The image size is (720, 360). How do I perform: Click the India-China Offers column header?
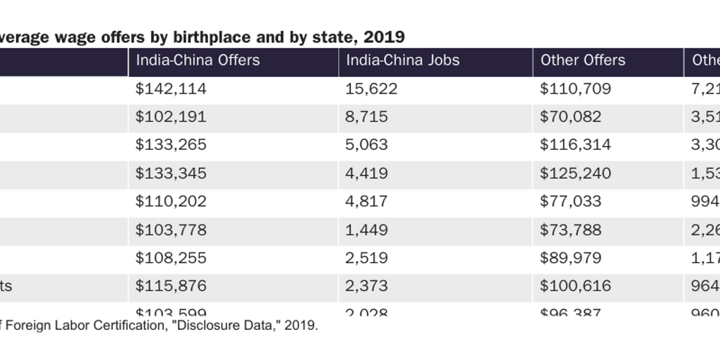[x=198, y=60]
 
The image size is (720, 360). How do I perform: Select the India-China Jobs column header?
[x=402, y=60]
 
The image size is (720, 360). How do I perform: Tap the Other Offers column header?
[x=582, y=60]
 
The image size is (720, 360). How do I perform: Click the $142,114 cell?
[x=171, y=89]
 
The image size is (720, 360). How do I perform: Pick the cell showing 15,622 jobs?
[x=371, y=89]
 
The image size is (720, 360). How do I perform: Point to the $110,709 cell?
[x=575, y=89]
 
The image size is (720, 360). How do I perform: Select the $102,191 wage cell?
[x=171, y=117]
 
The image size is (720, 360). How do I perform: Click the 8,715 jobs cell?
[x=366, y=117]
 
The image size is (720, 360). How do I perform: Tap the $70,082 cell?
[x=570, y=117]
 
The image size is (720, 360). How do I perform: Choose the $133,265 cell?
[x=171, y=145]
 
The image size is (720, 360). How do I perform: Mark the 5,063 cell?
[x=366, y=145]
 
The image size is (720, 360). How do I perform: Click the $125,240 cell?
[x=575, y=173]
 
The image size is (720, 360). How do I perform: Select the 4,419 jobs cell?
[x=366, y=173]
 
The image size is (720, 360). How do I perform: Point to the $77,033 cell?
[x=570, y=201]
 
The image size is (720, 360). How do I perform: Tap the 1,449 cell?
[x=366, y=229]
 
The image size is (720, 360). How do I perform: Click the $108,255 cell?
[x=171, y=257]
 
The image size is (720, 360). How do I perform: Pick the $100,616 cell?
[x=575, y=285]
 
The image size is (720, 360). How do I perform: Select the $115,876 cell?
[x=171, y=285]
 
